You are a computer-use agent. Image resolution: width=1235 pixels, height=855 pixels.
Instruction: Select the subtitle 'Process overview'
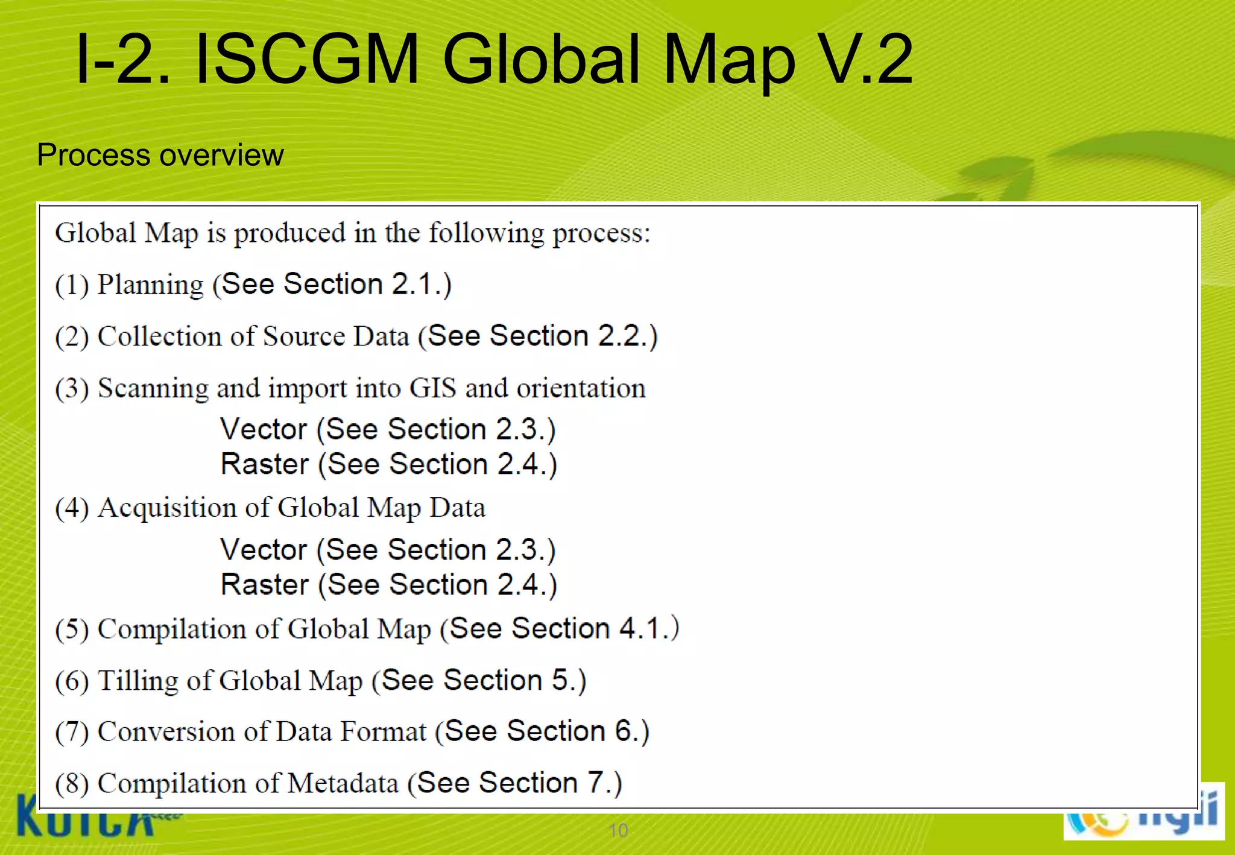[x=160, y=155]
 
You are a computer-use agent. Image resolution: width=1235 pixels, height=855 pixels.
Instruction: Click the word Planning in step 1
[x=150, y=285]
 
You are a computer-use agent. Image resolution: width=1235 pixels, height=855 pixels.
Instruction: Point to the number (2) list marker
[x=72, y=336]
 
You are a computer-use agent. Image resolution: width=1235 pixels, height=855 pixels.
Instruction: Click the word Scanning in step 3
[x=153, y=389]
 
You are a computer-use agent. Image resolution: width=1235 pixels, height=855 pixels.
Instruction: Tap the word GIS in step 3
[x=432, y=388]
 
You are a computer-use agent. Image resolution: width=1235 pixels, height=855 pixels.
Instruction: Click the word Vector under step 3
[x=264, y=429]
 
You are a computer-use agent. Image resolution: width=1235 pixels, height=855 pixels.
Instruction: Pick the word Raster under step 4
[x=265, y=585]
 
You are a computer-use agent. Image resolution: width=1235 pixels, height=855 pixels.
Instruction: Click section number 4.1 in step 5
[x=640, y=629]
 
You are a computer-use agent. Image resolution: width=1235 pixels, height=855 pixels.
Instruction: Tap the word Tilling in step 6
[x=137, y=681]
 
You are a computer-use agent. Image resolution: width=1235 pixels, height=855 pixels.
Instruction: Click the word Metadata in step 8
[x=343, y=784]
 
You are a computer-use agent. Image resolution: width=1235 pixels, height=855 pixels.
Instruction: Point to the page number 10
[x=618, y=830]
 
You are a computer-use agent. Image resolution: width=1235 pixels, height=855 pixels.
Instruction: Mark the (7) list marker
[x=72, y=732]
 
